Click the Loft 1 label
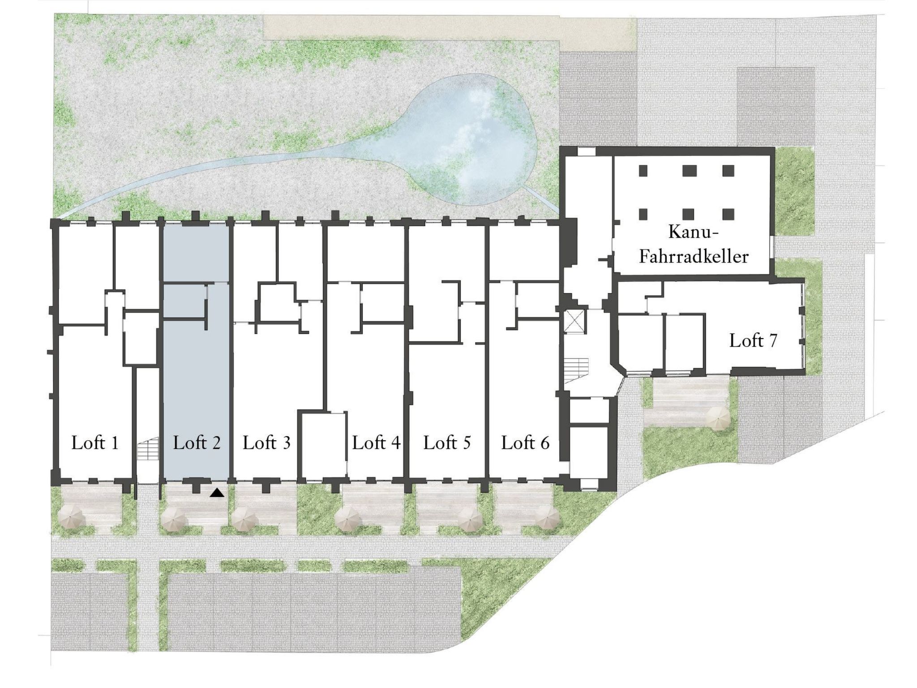tap(95, 443)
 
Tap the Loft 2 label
tap(197, 443)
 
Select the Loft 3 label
tap(267, 443)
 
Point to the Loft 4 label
tap(376, 443)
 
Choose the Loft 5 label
tap(447, 443)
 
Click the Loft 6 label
tap(525, 443)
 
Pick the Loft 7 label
tap(753, 341)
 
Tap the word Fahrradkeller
tap(694, 257)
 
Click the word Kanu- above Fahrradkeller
tap(694, 232)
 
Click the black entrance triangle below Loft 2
tap(217, 493)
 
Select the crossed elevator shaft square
tap(574, 321)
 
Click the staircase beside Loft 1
tap(148, 450)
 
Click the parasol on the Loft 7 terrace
tap(718, 419)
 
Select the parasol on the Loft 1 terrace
tap(73, 518)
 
